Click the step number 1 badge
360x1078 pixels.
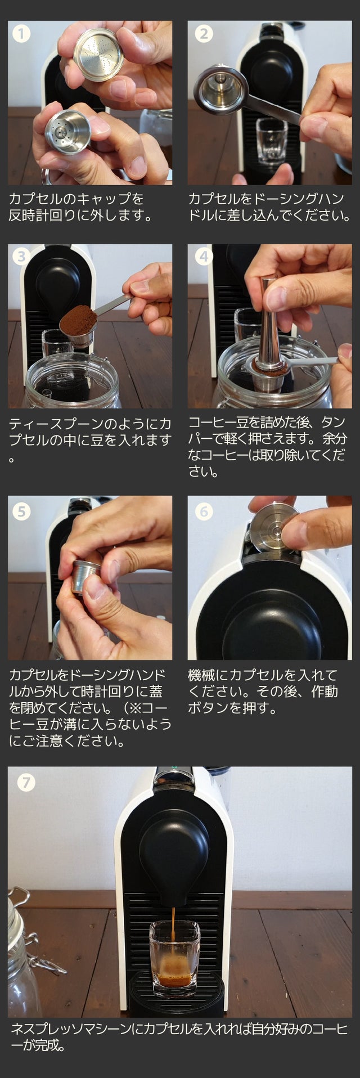tap(21, 34)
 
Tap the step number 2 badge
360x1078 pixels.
tap(203, 34)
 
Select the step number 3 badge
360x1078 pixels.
tap(21, 257)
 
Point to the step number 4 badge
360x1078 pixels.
tap(203, 257)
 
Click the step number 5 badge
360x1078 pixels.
tap(21, 511)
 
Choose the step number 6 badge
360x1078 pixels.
tap(203, 511)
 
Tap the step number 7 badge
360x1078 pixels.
tap(26, 782)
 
